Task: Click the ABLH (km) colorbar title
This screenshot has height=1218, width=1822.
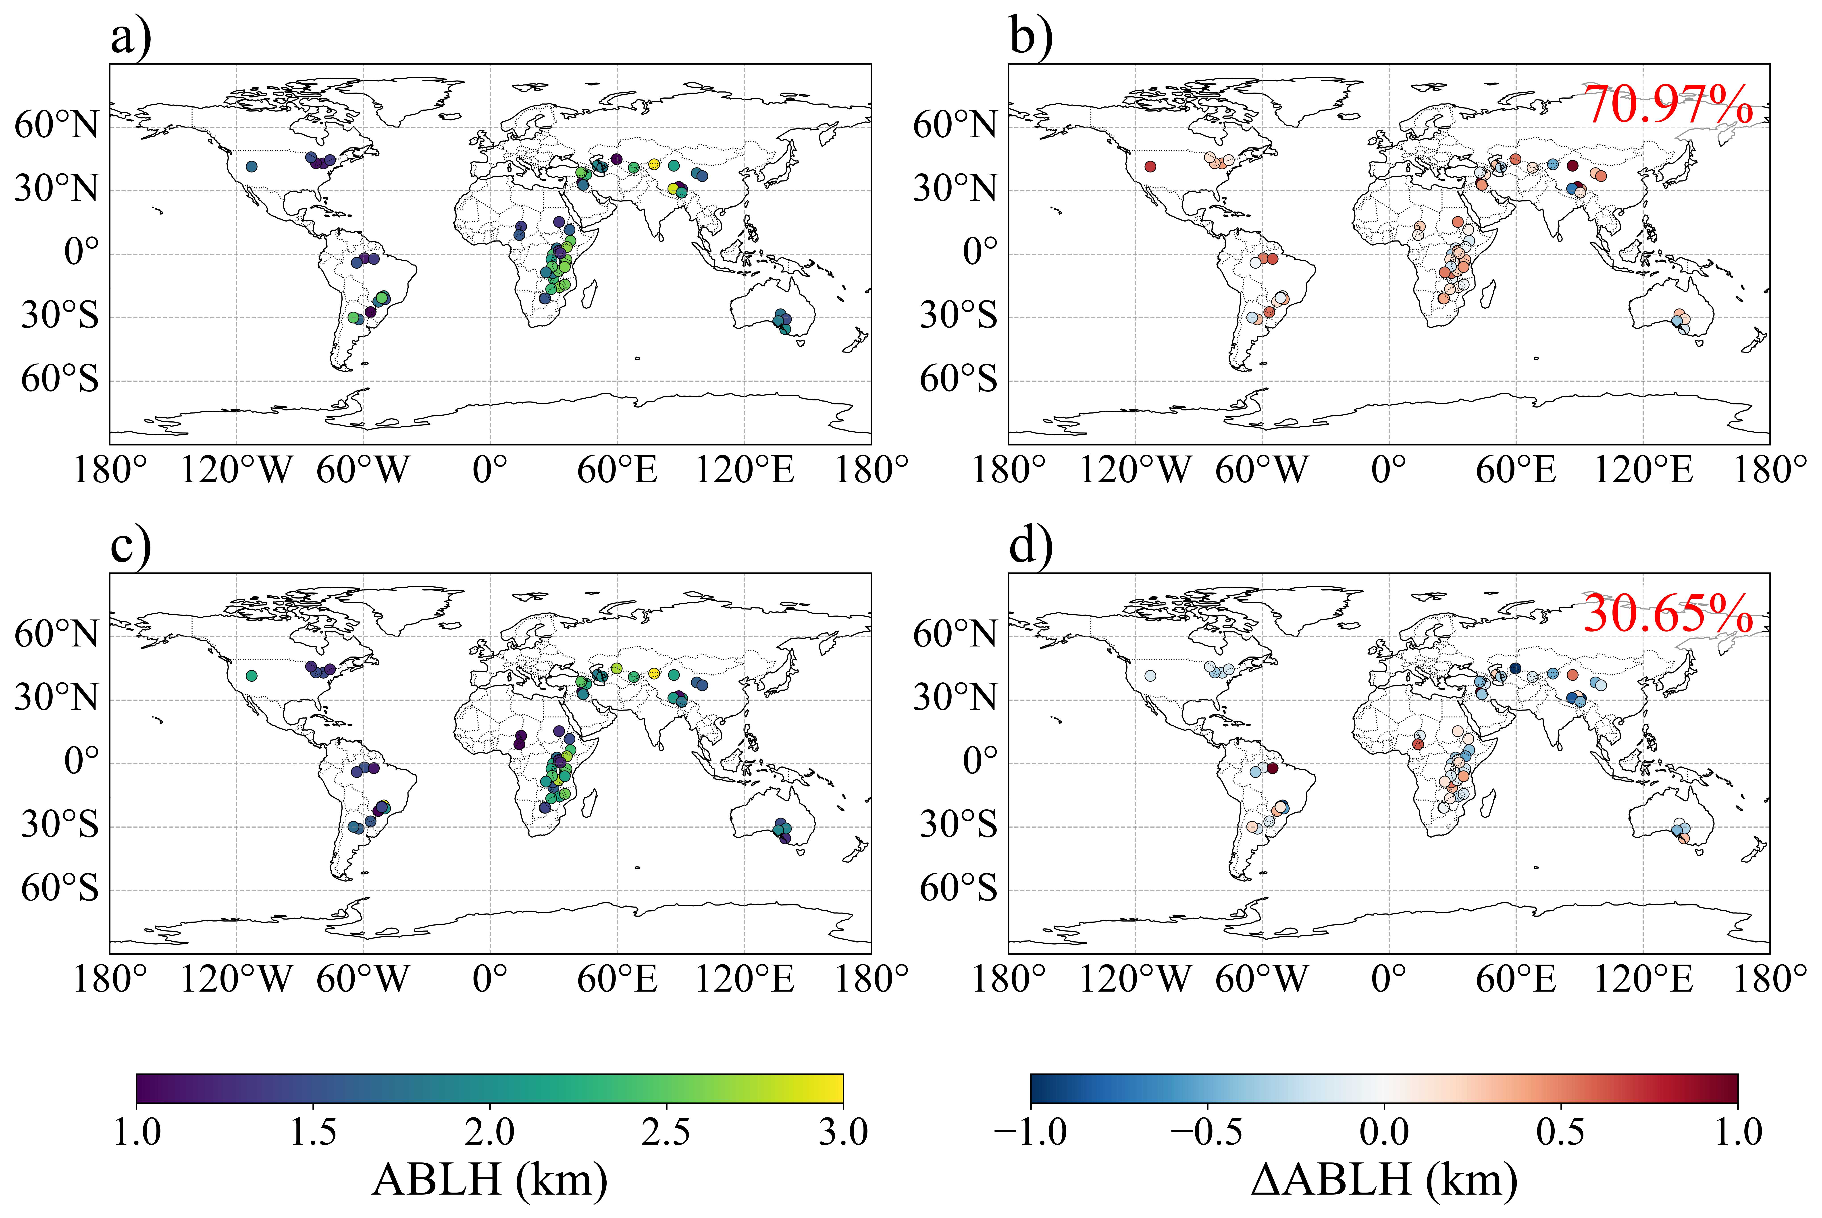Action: coord(489,1179)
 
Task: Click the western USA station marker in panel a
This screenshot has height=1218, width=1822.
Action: coord(251,166)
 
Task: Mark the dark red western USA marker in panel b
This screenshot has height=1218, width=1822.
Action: coord(1150,166)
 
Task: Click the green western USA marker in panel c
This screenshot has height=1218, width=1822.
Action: coord(251,676)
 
